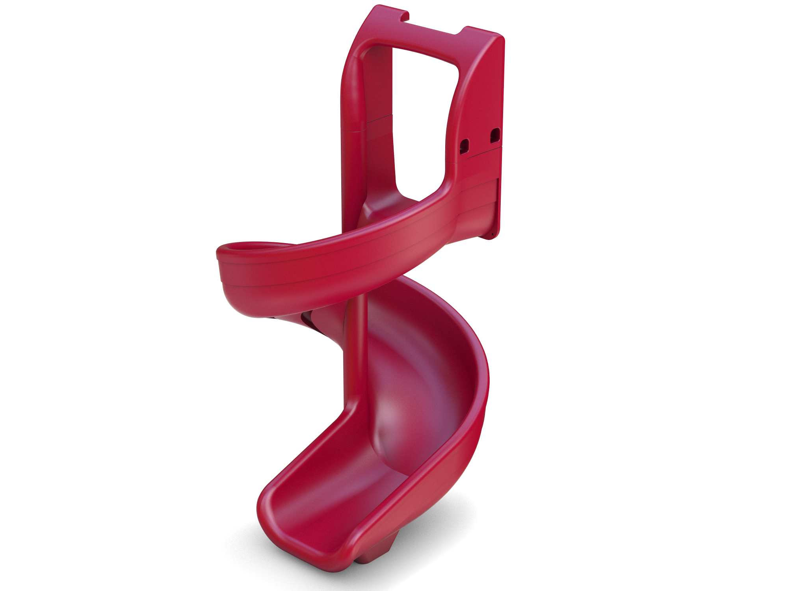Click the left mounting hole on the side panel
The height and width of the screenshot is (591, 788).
coord(465,146)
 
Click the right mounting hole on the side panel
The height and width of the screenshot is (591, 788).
coord(495,136)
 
